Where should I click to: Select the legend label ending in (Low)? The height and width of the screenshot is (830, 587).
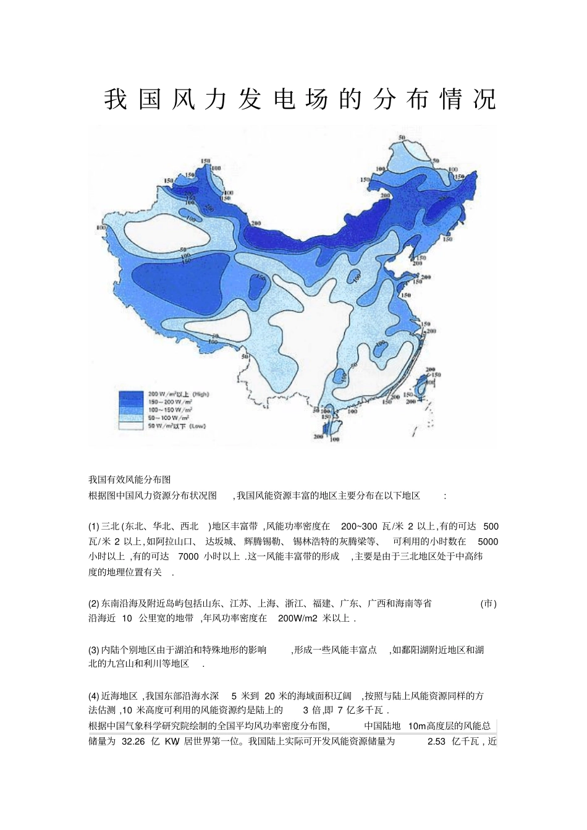coord(176,426)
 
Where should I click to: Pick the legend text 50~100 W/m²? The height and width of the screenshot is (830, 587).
coord(166,418)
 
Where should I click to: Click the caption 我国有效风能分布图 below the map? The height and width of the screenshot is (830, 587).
coord(129,479)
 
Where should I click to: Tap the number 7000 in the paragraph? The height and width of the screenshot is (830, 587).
coord(188,556)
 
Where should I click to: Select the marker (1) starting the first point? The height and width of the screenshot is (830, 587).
coord(94,527)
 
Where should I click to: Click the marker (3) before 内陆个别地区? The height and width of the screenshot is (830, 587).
coord(94,650)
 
